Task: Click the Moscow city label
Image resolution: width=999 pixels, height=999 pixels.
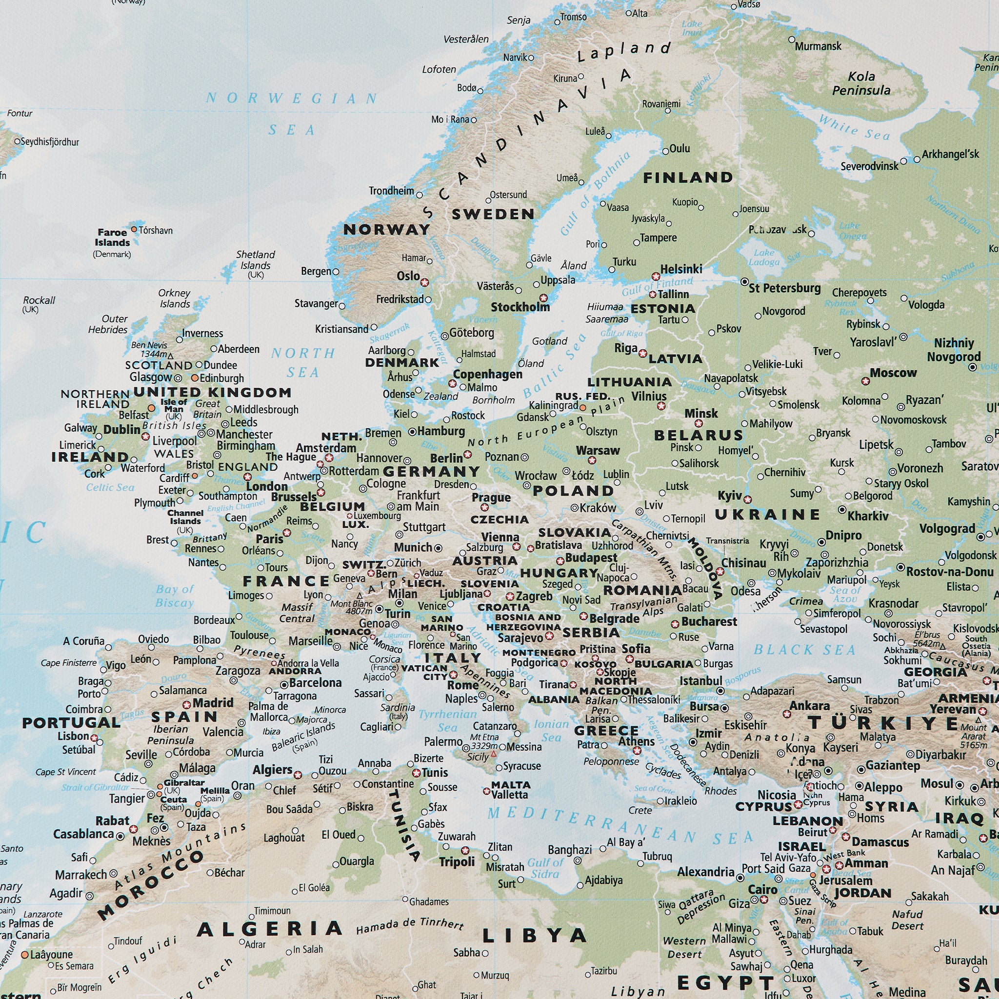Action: [x=893, y=372]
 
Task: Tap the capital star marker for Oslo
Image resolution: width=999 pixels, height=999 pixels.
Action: [x=424, y=282]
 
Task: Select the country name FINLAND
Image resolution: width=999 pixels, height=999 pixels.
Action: [x=688, y=178]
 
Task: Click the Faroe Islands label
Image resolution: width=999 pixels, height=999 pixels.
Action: [x=112, y=238]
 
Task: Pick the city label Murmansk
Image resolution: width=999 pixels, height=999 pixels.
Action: [x=818, y=46]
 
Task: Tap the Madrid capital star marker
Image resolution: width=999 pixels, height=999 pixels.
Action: [x=187, y=705]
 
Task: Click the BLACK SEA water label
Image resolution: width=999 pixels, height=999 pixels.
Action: [x=804, y=650]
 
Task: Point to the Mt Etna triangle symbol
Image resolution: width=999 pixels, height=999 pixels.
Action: [x=493, y=755]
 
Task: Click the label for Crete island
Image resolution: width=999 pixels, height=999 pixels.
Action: [x=640, y=810]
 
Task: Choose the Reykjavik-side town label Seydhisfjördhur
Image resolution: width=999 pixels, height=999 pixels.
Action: [x=50, y=141]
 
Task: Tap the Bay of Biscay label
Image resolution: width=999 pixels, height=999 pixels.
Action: [x=174, y=596]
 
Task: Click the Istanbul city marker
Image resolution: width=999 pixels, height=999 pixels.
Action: [x=720, y=691]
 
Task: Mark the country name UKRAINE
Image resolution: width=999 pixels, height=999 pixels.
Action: [x=767, y=515]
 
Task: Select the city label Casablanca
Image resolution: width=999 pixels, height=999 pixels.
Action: [x=83, y=834]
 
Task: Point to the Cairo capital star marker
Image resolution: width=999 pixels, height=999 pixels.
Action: [x=764, y=899]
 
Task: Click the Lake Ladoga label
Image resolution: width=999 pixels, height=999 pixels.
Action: [x=764, y=257]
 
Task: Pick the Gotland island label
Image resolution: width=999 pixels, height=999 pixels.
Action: [x=550, y=341]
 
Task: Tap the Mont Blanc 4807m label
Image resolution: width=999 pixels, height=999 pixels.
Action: [x=351, y=608]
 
